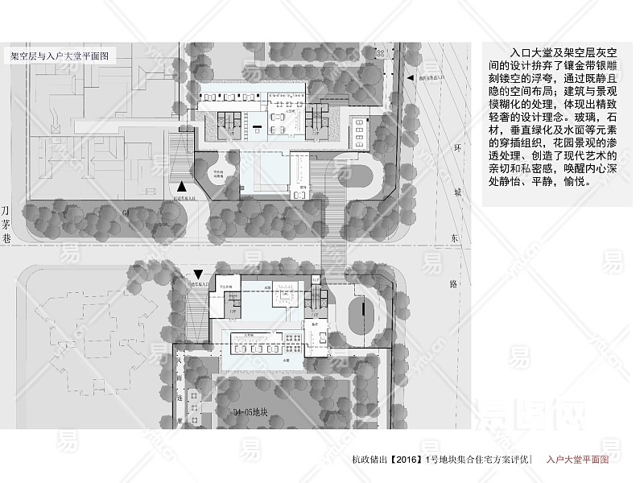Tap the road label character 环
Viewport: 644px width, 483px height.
click(x=457, y=149)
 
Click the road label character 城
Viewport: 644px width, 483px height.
click(x=457, y=192)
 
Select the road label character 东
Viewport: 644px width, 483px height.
click(x=455, y=239)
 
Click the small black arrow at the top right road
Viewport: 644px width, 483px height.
click(x=411, y=78)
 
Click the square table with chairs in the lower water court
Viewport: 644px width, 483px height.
click(x=283, y=297)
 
